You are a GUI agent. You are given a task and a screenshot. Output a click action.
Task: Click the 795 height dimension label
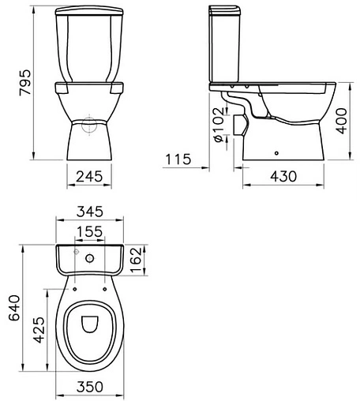[25, 82]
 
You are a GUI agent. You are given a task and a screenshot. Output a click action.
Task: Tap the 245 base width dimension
[89, 177]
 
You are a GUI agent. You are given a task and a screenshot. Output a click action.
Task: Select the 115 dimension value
[178, 159]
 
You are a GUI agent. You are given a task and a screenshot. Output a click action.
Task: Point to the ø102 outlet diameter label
[219, 125]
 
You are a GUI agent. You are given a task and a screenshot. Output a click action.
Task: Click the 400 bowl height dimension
[342, 121]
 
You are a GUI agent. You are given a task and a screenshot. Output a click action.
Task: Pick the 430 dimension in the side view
[283, 176]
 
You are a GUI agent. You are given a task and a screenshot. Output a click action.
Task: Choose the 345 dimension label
[90, 212]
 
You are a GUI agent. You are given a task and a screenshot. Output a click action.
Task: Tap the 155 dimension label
[90, 231]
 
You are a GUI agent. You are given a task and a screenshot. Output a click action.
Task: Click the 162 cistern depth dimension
[136, 260]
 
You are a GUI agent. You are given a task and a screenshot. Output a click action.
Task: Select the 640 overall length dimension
[14, 308]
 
